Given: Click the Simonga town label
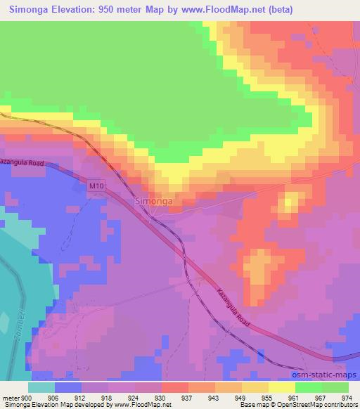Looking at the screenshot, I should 153,202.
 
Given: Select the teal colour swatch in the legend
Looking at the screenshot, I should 41,387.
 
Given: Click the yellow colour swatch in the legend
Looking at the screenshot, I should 282,387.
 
